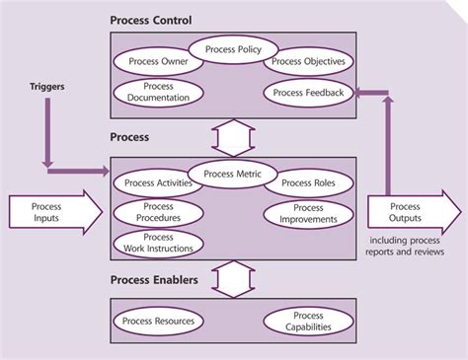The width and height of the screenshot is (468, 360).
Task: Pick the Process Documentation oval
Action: click(158, 93)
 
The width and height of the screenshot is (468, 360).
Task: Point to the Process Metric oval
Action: click(232, 175)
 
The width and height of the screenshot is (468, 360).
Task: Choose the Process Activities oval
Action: click(159, 183)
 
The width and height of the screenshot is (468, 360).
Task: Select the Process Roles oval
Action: click(308, 183)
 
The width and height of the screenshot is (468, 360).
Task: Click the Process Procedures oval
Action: click(158, 213)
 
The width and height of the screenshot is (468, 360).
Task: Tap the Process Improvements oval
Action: click(308, 214)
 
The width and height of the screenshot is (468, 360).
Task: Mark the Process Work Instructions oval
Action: click(159, 244)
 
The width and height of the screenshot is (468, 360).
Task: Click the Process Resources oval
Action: click(159, 322)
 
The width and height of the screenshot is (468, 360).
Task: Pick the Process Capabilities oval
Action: click(308, 322)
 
